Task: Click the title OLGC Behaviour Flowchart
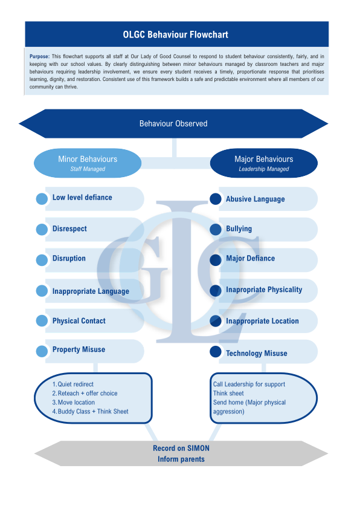click(x=175, y=34)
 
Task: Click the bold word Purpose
click(x=40, y=56)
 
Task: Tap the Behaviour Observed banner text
click(x=173, y=124)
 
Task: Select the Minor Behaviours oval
click(x=88, y=163)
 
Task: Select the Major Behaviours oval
click(x=264, y=163)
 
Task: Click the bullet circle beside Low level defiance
click(x=42, y=199)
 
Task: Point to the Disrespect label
click(x=69, y=229)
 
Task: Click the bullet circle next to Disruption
click(x=42, y=260)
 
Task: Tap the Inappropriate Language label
click(x=91, y=291)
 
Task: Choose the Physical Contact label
click(x=79, y=321)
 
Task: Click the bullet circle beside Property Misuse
click(x=42, y=351)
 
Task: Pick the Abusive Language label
click(x=256, y=199)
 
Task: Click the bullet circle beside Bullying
click(x=216, y=229)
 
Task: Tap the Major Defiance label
click(x=251, y=258)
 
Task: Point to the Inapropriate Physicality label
click(x=264, y=290)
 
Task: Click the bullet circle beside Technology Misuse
click(x=216, y=352)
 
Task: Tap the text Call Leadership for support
click(x=249, y=384)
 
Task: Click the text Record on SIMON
click(x=181, y=449)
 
